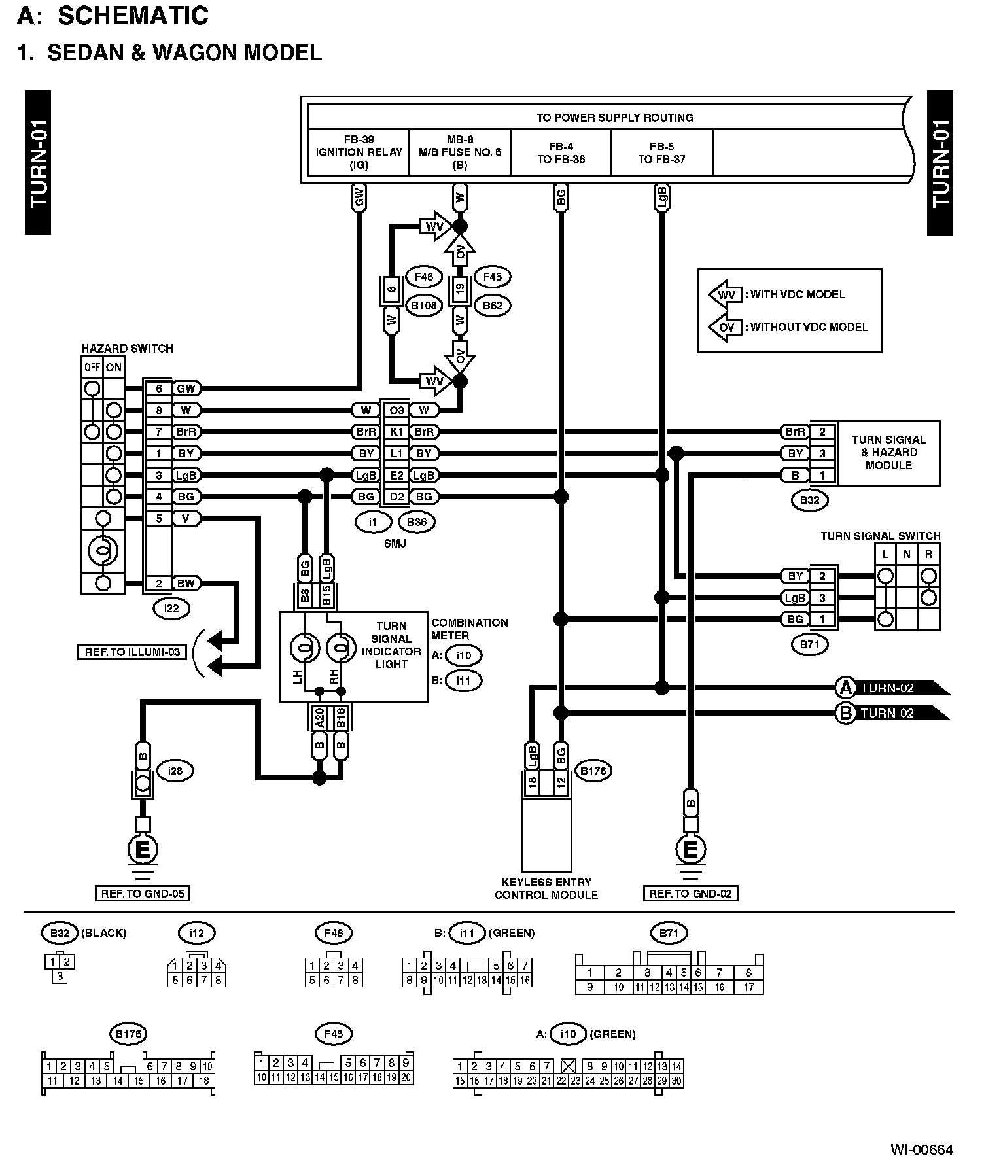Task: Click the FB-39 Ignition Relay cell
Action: coord(359,152)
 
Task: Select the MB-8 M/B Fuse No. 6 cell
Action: coord(459,152)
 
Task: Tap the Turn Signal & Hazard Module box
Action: coord(888,453)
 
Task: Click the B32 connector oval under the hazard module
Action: coord(809,501)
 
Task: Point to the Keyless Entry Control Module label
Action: coord(546,888)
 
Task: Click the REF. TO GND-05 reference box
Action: coord(142,894)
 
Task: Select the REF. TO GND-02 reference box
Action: coord(690,894)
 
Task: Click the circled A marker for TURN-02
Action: coord(845,688)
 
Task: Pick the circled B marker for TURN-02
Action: coord(845,713)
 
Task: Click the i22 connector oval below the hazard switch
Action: coord(171,608)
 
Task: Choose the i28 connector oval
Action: coord(175,771)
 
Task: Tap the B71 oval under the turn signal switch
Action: coord(810,645)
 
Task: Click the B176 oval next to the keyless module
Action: coord(593,771)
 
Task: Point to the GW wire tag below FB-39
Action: coord(359,197)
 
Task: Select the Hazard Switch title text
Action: coord(128,349)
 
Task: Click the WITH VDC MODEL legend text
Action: coord(795,294)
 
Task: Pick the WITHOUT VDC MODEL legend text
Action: coord(806,327)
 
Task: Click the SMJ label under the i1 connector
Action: coord(395,543)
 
